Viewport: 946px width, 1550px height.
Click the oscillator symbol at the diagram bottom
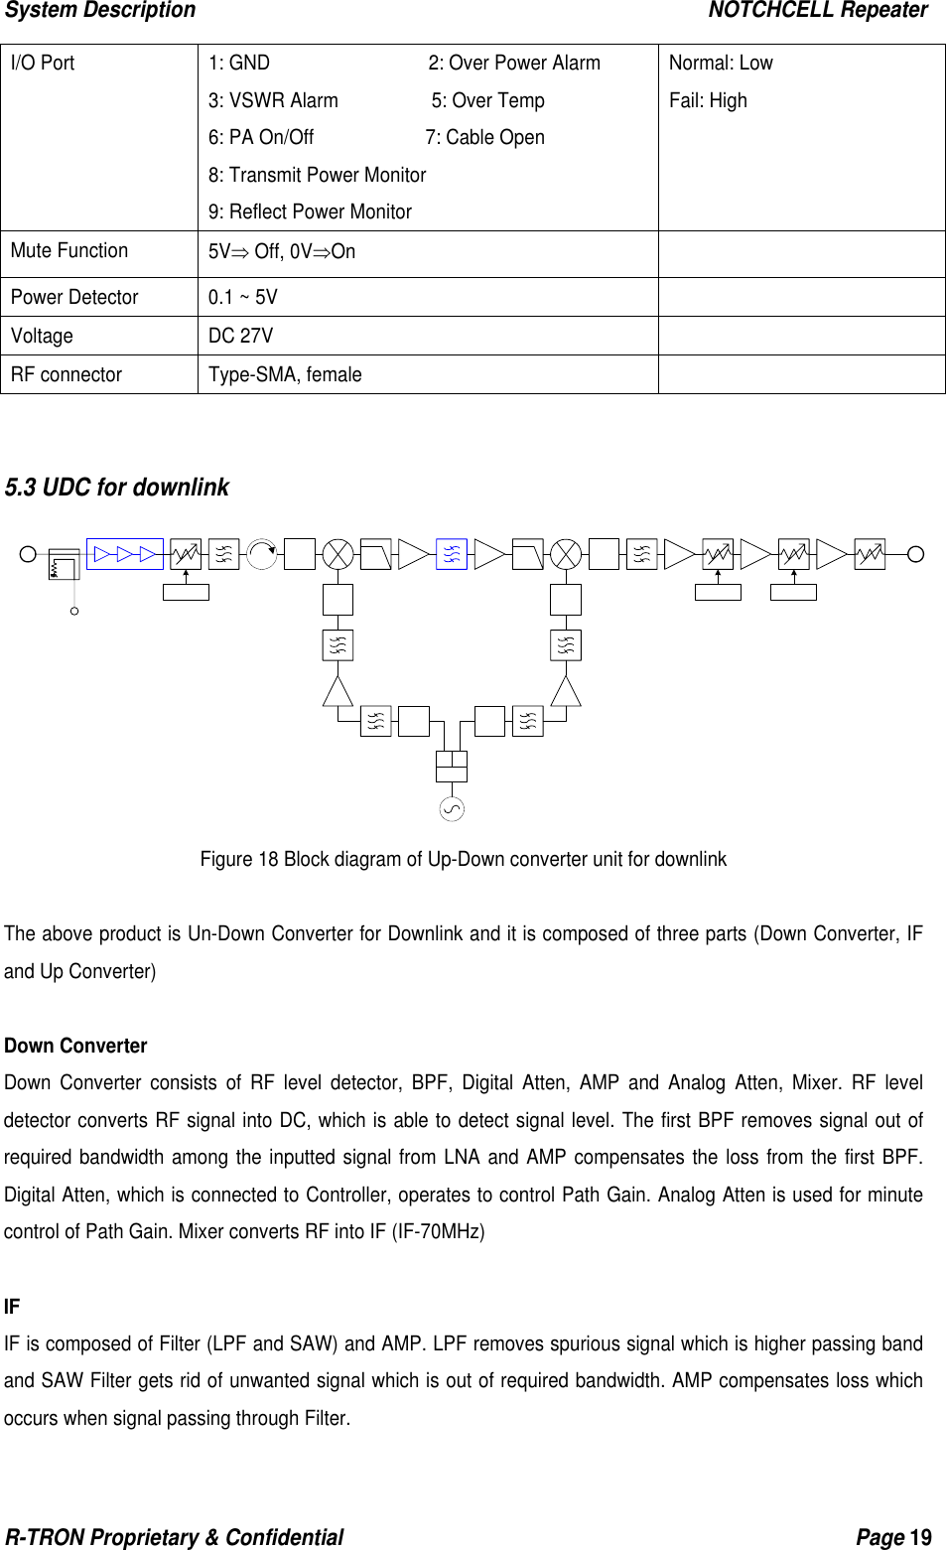click(451, 809)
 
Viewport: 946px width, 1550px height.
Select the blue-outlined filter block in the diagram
click(452, 554)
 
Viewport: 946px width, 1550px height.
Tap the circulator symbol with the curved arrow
click(262, 554)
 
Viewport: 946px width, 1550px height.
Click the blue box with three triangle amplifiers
click(125, 554)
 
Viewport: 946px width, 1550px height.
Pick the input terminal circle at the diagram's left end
click(30, 554)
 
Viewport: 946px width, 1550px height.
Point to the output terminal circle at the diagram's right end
click(915, 554)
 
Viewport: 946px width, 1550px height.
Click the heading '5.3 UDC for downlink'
click(117, 488)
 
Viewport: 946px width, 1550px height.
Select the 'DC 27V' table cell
click(240, 336)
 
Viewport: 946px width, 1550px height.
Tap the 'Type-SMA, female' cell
click(285, 374)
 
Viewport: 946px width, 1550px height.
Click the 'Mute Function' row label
click(69, 251)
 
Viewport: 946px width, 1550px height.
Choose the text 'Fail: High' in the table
click(708, 100)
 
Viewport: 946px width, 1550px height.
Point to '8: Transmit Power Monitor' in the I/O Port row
click(317, 175)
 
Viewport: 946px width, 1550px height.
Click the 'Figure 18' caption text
click(463, 859)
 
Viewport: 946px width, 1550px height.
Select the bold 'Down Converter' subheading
click(75, 1046)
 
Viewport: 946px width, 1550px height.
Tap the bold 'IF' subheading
click(12, 1307)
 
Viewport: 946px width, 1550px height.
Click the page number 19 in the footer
click(921, 1538)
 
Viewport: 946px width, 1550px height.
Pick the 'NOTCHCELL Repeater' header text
click(817, 11)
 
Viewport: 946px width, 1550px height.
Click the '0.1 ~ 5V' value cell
click(242, 297)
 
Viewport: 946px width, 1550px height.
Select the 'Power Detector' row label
click(74, 297)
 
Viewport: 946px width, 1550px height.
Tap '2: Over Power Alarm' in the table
click(514, 64)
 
